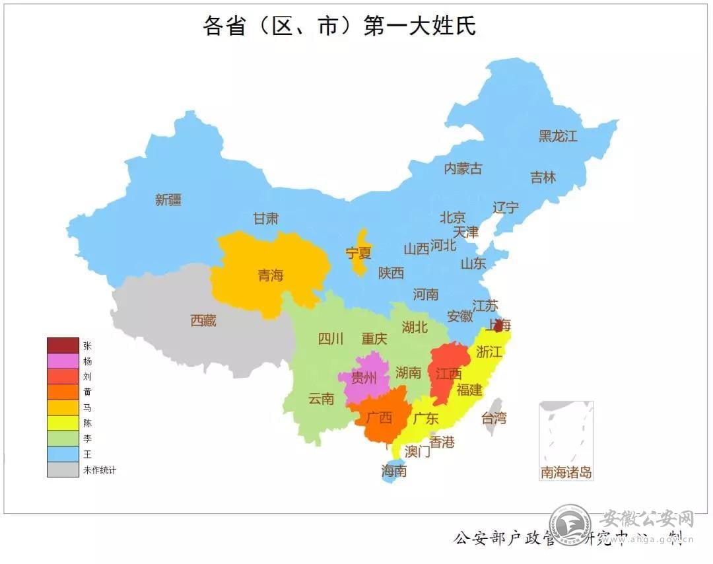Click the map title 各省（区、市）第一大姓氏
pos(339,26)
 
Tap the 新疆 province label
pos(168,200)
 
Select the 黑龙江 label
pos(558,137)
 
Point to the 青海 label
pos(271,275)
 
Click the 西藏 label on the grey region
pos(203,321)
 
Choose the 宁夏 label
pos(358,252)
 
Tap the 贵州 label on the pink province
pos(364,378)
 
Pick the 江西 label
pos(448,374)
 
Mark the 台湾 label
pos(493,417)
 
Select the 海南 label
pos(393,471)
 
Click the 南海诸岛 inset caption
pos(566,473)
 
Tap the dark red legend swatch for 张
pos(63,345)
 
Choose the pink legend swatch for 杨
pos(63,361)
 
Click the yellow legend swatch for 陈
pos(63,423)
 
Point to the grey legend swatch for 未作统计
pos(63,470)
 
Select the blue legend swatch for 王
pos(63,454)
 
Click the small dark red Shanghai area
pos(499,326)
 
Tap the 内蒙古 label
pos(463,168)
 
